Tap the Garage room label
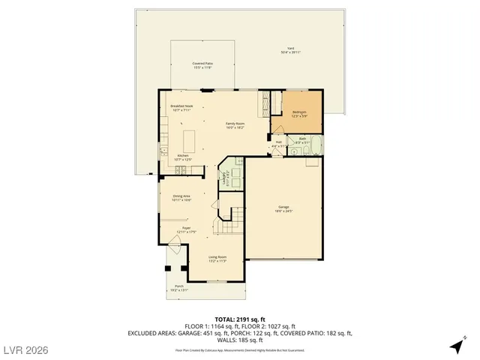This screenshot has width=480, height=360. [x=283, y=209]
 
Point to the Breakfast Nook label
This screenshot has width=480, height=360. [x=181, y=108]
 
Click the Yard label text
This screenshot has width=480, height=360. [x=290, y=50]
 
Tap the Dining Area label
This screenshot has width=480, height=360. [x=181, y=199]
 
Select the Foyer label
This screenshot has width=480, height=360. [x=186, y=231]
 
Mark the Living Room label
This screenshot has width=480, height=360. [x=217, y=259]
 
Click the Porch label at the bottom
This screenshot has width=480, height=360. [x=178, y=287]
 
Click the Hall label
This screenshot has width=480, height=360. [x=278, y=144]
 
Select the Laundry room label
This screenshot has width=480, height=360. [x=223, y=179]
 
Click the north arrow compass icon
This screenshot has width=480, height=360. [x=456, y=346]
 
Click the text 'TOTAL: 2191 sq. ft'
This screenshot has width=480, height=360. [x=240, y=319]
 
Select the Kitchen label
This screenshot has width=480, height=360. [x=182, y=157]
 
